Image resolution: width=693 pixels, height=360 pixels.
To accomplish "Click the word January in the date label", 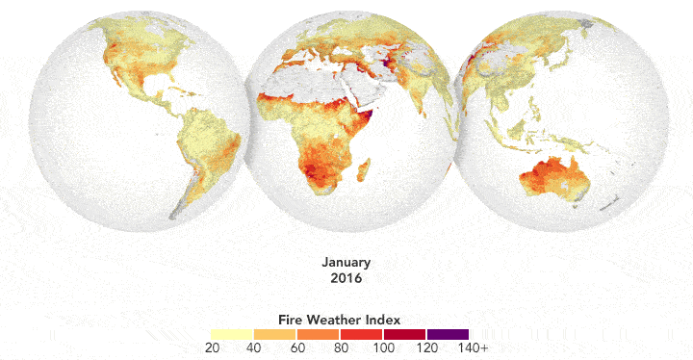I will tap(346, 262).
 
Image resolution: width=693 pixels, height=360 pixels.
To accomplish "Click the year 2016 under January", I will tap(346, 278).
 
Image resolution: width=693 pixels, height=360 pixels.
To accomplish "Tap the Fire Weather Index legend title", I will tap(341, 318).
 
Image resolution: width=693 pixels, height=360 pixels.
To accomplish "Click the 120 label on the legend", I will tap(425, 347).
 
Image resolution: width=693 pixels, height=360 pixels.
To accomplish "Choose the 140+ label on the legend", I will tap(472, 347).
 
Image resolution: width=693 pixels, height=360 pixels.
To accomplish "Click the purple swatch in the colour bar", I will tap(447, 333).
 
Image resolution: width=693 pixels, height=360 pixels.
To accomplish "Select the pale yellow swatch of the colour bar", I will tap(231, 333).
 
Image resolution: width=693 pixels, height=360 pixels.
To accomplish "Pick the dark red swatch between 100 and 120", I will tap(403, 333).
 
